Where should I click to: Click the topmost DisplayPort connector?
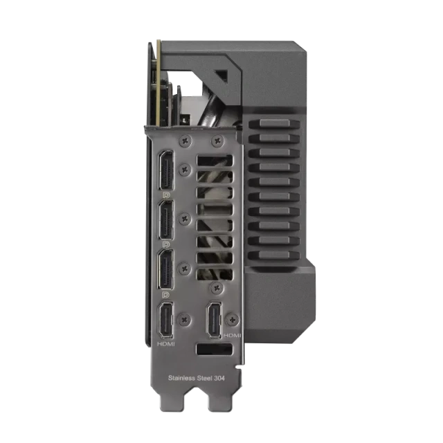166,170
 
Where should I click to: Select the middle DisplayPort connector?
166,219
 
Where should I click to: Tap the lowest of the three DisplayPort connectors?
166,269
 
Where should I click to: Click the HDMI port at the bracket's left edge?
166,320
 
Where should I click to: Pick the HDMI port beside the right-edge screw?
215,320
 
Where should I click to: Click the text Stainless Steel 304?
197,378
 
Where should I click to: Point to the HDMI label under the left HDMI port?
166,344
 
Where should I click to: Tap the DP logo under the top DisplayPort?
166,195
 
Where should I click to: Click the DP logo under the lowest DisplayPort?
166,295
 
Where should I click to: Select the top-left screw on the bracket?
185,140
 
